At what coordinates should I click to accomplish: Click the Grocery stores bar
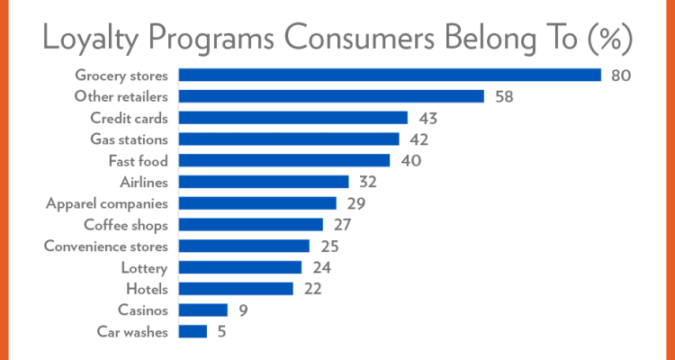tap(390, 75)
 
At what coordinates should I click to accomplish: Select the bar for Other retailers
tap(331, 96)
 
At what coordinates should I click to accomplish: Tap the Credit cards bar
tap(293, 118)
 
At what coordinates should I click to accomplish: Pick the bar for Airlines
tap(264, 182)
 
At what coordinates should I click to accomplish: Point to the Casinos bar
tap(203, 310)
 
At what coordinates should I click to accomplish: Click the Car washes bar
tap(193, 332)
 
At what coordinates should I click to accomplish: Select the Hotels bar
tap(237, 289)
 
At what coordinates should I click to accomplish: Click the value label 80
tap(620, 75)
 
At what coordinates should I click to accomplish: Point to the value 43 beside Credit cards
tap(426, 118)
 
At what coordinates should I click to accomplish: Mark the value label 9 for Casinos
tap(243, 310)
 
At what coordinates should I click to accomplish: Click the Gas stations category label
tap(130, 139)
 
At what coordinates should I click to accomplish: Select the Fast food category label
tap(138, 161)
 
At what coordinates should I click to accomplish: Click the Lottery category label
tap(144, 268)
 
